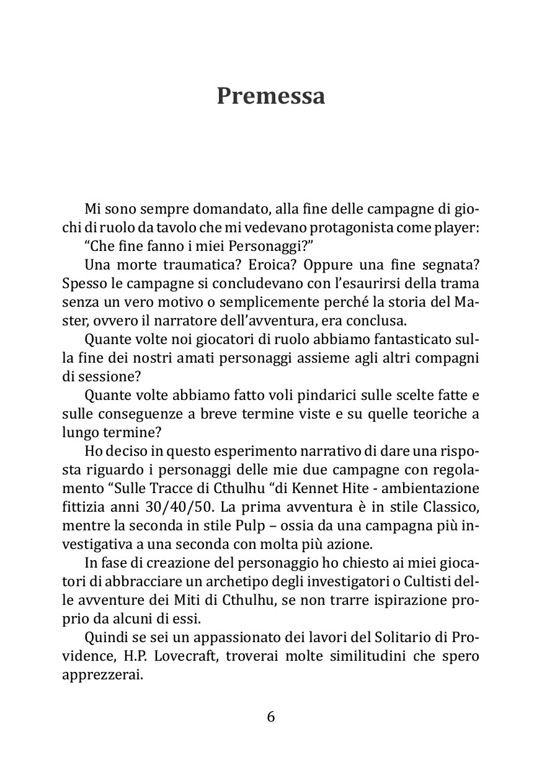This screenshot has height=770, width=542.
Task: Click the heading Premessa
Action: [x=270, y=96]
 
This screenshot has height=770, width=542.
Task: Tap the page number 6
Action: [x=270, y=717]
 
